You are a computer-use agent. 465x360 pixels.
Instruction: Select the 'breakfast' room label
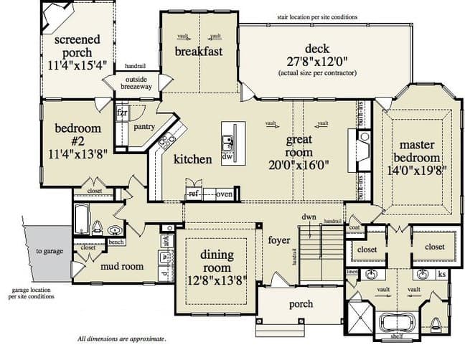pyautogui.click(x=199, y=51)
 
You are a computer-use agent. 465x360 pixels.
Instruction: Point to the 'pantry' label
pyautogui.click(x=144, y=126)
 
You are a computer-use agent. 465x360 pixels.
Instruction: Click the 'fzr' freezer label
pyautogui.click(x=122, y=113)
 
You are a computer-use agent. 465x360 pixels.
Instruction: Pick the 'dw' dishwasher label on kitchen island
pyautogui.click(x=227, y=156)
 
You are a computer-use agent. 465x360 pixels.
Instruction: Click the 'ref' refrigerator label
pyautogui.click(x=193, y=194)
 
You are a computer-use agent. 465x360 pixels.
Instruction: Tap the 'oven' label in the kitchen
pyautogui.click(x=224, y=194)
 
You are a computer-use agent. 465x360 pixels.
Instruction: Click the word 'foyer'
pyautogui.click(x=278, y=240)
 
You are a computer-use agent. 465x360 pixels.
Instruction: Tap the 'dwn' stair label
pyautogui.click(x=309, y=216)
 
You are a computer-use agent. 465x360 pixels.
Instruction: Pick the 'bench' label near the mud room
pyautogui.click(x=116, y=242)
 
